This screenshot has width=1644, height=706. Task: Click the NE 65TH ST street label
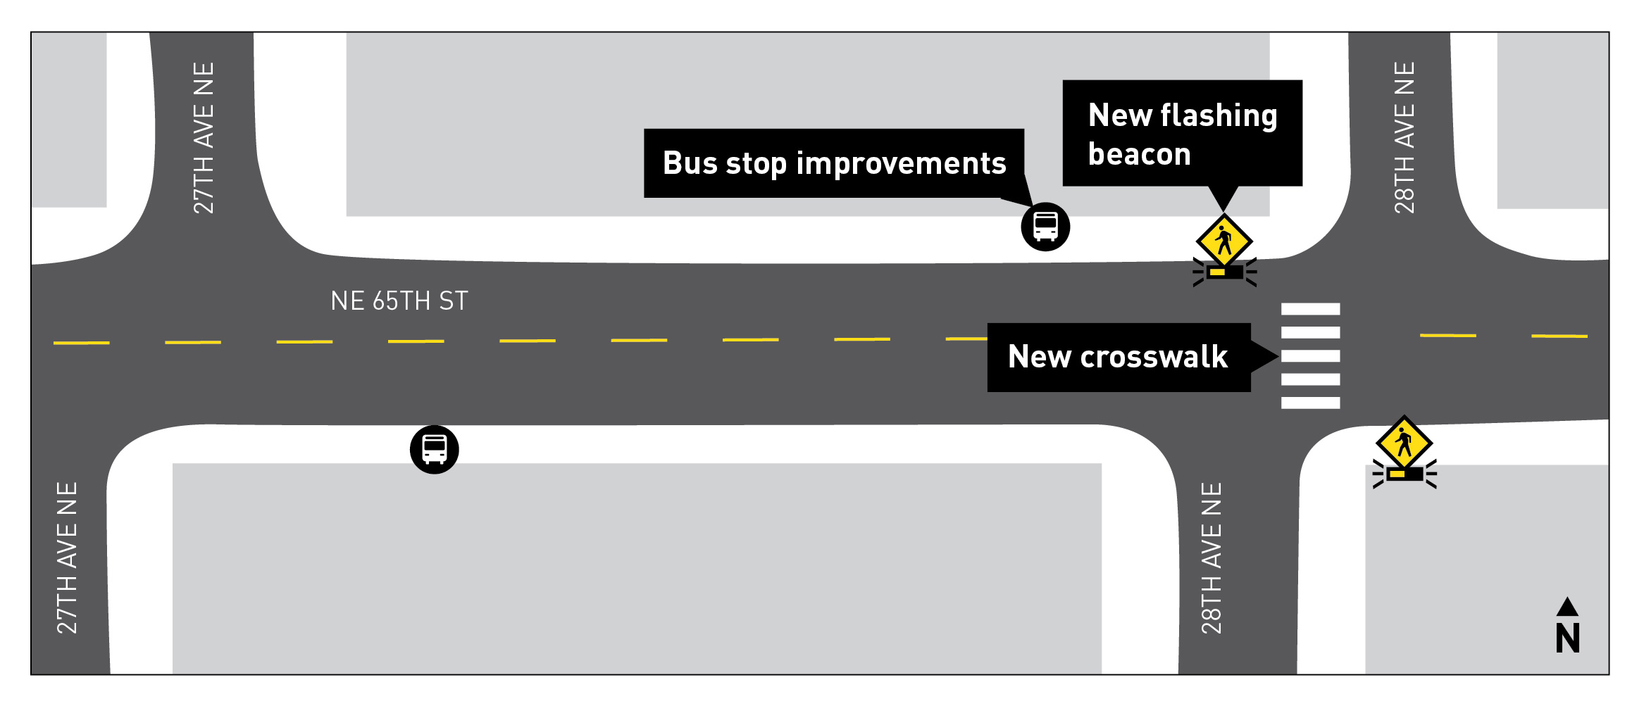click(x=399, y=301)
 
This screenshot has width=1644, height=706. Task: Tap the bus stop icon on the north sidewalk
click(x=1045, y=227)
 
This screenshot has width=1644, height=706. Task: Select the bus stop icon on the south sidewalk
click(x=434, y=450)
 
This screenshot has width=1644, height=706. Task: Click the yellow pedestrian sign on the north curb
click(x=1224, y=241)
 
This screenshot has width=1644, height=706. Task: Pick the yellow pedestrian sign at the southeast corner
click(x=1404, y=443)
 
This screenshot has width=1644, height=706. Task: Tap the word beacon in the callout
click(x=1139, y=154)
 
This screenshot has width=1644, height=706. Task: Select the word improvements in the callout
click(x=901, y=163)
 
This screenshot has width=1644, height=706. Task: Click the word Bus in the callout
click(x=690, y=163)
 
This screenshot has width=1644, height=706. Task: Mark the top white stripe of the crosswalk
click(x=1310, y=309)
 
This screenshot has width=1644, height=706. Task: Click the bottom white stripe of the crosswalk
click(x=1310, y=403)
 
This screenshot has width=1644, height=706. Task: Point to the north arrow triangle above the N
click(x=1567, y=607)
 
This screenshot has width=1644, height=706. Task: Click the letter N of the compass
click(x=1567, y=638)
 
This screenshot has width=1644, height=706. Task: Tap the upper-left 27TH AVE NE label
click(x=204, y=138)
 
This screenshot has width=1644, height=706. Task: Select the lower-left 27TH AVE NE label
click(x=67, y=557)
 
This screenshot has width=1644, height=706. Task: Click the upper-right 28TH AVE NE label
click(x=1404, y=138)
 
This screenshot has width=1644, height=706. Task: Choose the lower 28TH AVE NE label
click(x=1211, y=557)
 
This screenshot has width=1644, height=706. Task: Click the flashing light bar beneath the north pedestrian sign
click(x=1224, y=272)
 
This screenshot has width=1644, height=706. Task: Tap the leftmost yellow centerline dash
click(x=82, y=343)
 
